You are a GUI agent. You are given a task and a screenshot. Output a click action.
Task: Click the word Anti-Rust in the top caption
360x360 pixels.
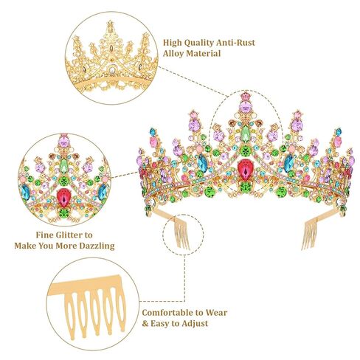click(235, 43)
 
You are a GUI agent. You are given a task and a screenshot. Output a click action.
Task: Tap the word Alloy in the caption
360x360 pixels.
click(173, 54)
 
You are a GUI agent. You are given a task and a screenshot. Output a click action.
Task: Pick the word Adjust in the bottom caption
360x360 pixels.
click(195, 324)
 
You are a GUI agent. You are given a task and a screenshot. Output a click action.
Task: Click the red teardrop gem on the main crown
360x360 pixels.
click(245, 170)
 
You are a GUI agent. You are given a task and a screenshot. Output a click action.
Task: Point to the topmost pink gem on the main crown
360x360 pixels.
click(245, 96)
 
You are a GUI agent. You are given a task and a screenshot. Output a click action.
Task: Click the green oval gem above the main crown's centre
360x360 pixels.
click(245, 134)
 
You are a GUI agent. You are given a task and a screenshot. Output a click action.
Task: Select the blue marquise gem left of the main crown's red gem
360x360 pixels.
click(202, 163)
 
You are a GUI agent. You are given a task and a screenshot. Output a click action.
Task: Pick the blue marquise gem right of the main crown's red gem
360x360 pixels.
click(288, 163)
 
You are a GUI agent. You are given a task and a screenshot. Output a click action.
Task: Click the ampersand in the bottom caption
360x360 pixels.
click(145, 324)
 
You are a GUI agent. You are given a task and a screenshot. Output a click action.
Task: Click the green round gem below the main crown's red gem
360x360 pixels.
click(245, 187)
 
